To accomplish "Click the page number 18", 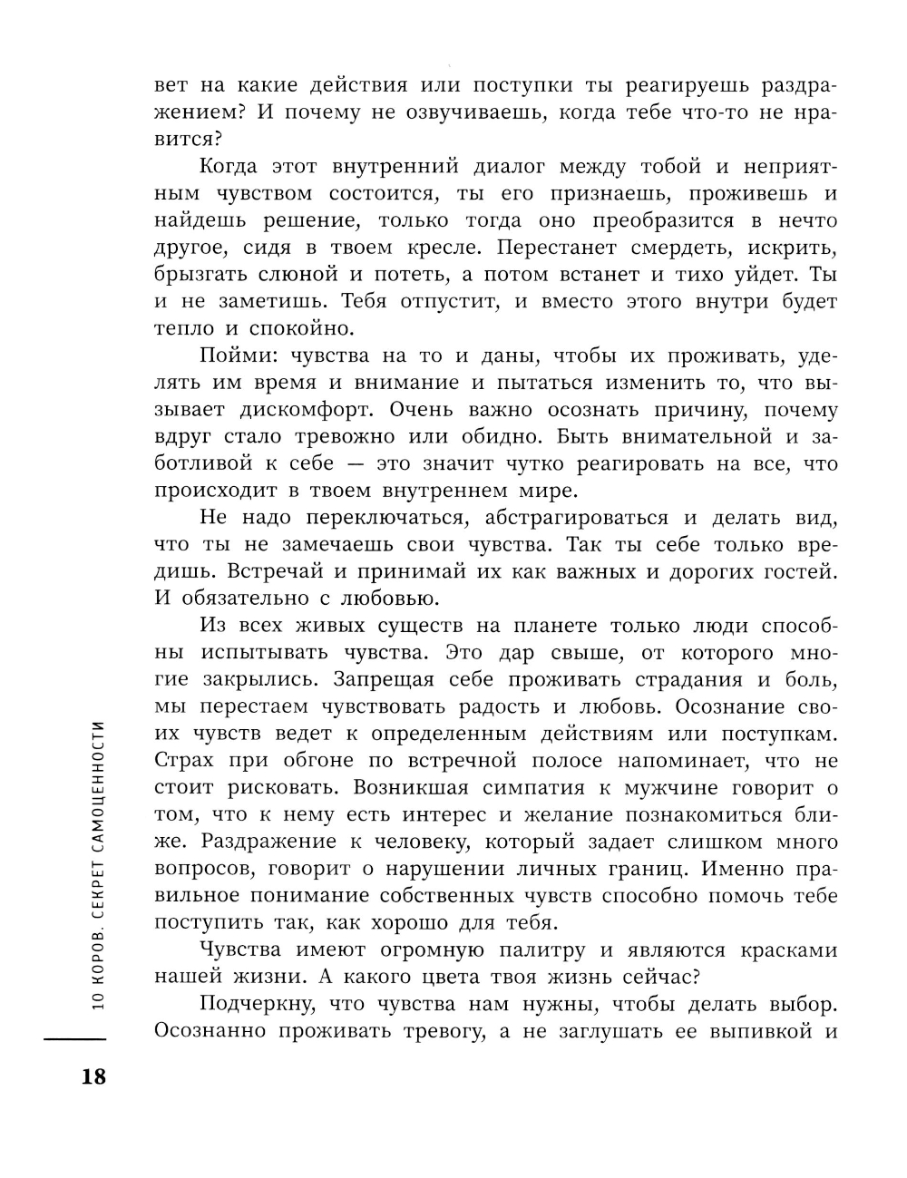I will (x=93, y=1076).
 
